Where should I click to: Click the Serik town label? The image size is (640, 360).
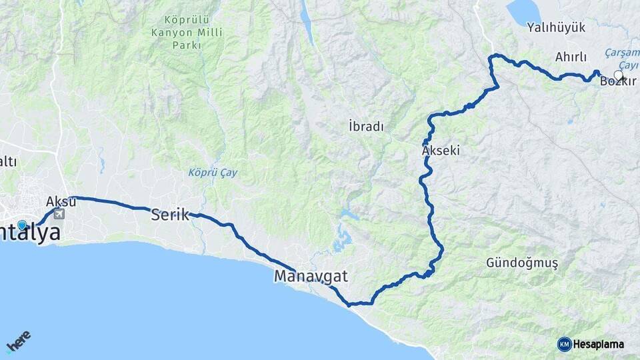[169, 215]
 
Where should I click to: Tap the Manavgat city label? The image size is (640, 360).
[311, 275]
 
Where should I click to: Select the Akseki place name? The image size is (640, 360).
[441, 151]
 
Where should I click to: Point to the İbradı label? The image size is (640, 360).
[366, 125]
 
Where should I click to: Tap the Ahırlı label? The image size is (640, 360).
[570, 57]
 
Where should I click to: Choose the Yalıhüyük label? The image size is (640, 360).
[555, 27]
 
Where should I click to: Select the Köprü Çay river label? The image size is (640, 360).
[212, 172]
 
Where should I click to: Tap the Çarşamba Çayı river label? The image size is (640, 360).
[621, 59]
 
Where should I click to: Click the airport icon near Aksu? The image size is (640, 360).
[59, 214]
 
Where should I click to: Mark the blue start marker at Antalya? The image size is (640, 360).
[22, 225]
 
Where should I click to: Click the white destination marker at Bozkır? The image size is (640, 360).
[618, 76]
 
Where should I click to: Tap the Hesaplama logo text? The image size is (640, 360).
[598, 344]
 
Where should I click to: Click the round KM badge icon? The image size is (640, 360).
[564, 344]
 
